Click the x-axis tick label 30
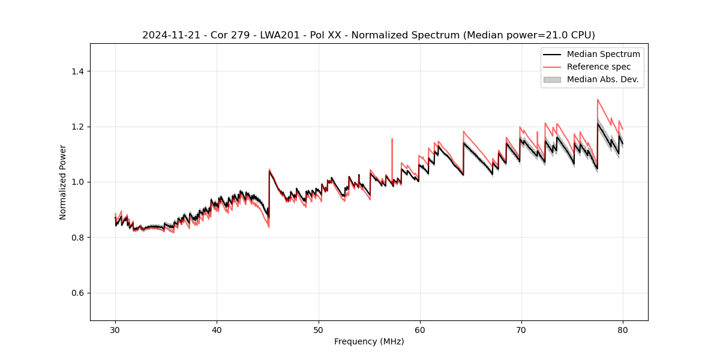click(115, 330)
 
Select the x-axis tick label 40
click(217, 330)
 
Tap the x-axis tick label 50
click(318, 330)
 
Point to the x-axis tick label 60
click(420, 330)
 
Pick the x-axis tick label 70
click(521, 330)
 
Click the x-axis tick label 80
click(623, 330)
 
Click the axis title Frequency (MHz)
click(369, 341)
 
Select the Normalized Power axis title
click(63, 182)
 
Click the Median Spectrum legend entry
click(603, 54)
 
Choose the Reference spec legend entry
click(598, 67)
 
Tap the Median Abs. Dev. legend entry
click(602, 79)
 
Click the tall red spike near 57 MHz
click(392, 140)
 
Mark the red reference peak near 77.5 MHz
click(598, 100)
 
